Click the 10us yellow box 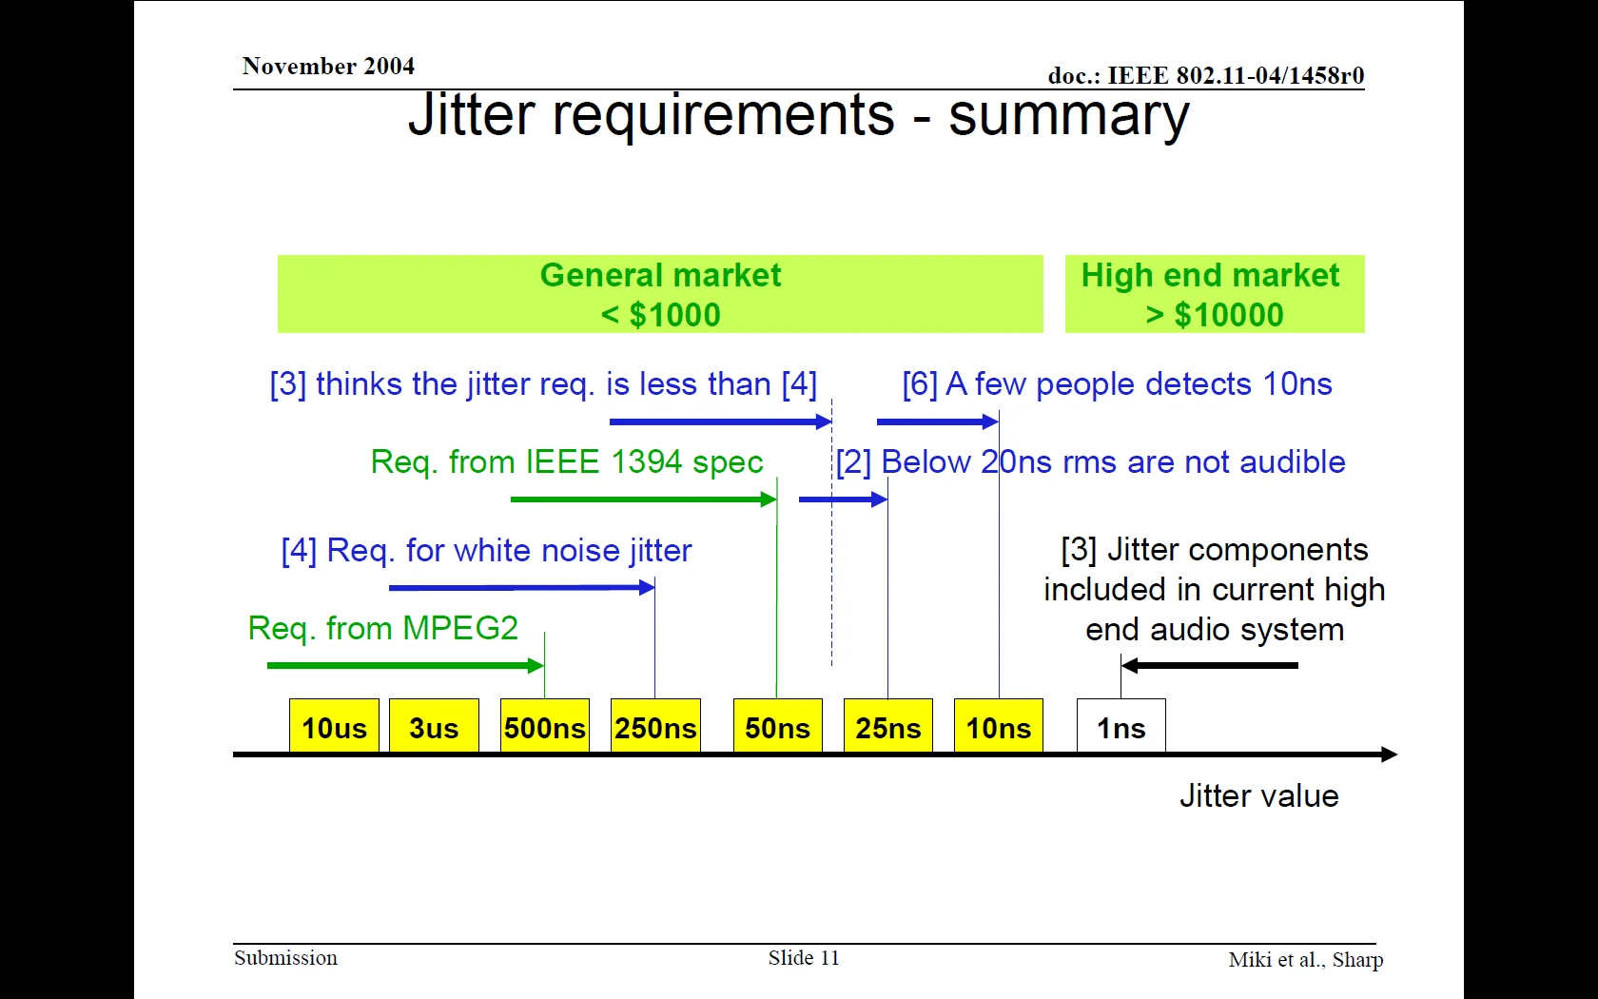[334, 725]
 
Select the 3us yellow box [434, 725]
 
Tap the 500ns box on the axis [545, 725]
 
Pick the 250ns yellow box [655, 725]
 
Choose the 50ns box [778, 725]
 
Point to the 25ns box [888, 725]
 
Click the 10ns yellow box [999, 725]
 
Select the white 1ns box [1121, 725]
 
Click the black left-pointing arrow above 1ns [1210, 666]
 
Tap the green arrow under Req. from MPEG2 [405, 666]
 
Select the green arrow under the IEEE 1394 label [643, 499]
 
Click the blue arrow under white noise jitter [521, 588]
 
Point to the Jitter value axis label [1259, 795]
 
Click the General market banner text [660, 276]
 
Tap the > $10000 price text [1214, 315]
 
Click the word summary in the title [1069, 116]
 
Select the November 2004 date [328, 67]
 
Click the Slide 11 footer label [804, 957]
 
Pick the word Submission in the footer [285, 957]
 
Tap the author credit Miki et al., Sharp [1305, 960]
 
